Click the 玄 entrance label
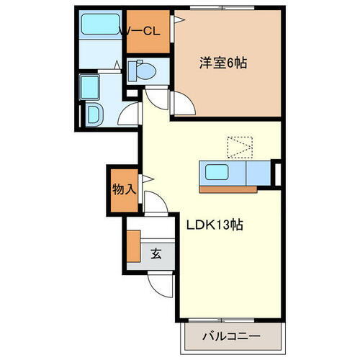click(x=156, y=253)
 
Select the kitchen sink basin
click(x=215, y=173)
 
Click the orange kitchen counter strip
click(x=236, y=189)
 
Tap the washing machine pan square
click(x=91, y=86)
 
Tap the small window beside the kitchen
click(x=278, y=173)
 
